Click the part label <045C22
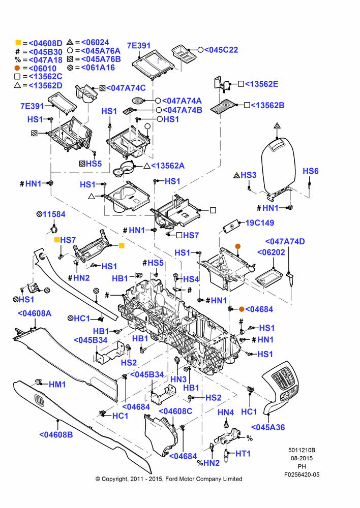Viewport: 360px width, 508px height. pos(221,50)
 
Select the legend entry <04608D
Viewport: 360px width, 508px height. pos(45,43)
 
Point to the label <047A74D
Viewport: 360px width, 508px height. pos(285,241)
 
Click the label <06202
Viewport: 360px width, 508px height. pos(271,252)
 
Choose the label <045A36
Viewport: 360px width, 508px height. pos(268,427)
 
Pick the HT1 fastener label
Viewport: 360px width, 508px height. pos(243,454)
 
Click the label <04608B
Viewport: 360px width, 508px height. pos(56,434)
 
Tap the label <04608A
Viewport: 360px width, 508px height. pos(35,313)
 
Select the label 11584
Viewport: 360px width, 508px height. pos(54,214)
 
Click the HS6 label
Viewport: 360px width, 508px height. pos(311,171)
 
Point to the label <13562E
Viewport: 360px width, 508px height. pos(261,84)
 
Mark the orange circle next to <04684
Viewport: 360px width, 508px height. pos(242,309)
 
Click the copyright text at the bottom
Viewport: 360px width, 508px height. pos(169,479)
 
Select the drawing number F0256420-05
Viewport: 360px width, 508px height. pos(302,474)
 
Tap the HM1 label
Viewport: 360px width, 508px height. pos(57,385)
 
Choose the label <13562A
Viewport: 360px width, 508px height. pos(168,166)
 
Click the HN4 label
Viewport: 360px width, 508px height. pos(226,412)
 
